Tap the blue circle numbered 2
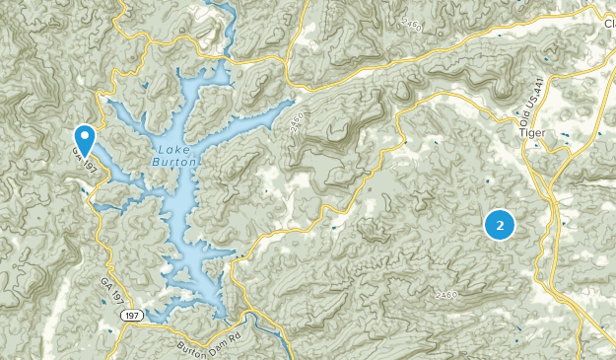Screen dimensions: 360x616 tap(501, 226)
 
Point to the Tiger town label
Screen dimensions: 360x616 tap(531, 130)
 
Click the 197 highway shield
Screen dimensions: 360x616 tap(131, 315)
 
